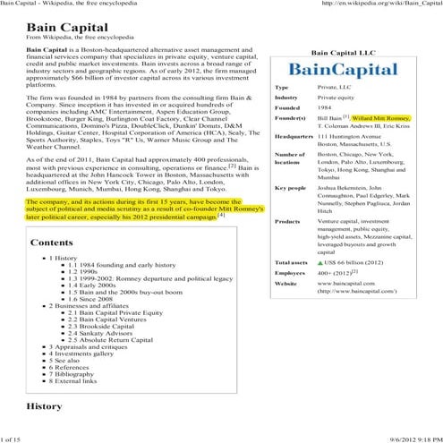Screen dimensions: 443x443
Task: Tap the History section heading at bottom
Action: click(x=44, y=405)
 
